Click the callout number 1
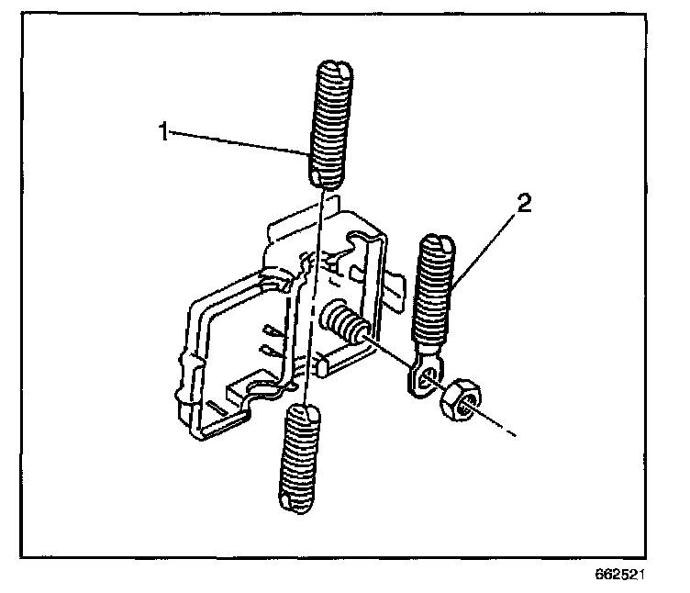coord(162,132)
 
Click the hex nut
coord(458,400)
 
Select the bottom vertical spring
coord(301,458)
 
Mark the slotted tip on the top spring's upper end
coord(332,70)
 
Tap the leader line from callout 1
coord(239,142)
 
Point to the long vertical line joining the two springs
coord(313,294)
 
